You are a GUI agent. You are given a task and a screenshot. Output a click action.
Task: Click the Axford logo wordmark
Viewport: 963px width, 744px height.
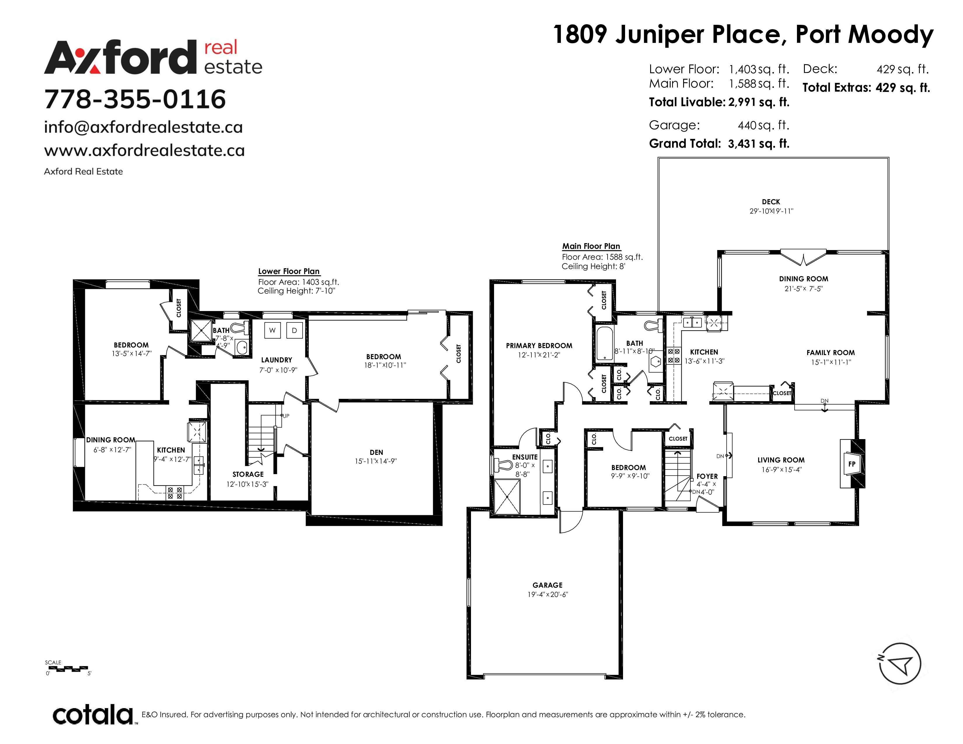pos(153,57)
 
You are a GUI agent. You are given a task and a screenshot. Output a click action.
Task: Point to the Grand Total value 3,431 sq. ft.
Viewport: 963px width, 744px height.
pos(758,144)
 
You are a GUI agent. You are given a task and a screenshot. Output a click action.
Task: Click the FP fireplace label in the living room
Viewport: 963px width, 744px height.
pos(852,464)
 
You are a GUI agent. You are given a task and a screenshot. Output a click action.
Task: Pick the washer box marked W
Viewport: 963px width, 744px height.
pos(273,330)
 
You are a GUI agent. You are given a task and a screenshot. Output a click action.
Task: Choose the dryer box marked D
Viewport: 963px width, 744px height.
pos(294,330)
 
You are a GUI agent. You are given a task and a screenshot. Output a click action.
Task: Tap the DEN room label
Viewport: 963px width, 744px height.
pos(376,452)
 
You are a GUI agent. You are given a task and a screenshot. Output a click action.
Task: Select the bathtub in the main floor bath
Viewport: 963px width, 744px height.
pos(604,344)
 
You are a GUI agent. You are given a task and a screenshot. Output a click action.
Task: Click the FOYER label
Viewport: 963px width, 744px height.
pos(707,476)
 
